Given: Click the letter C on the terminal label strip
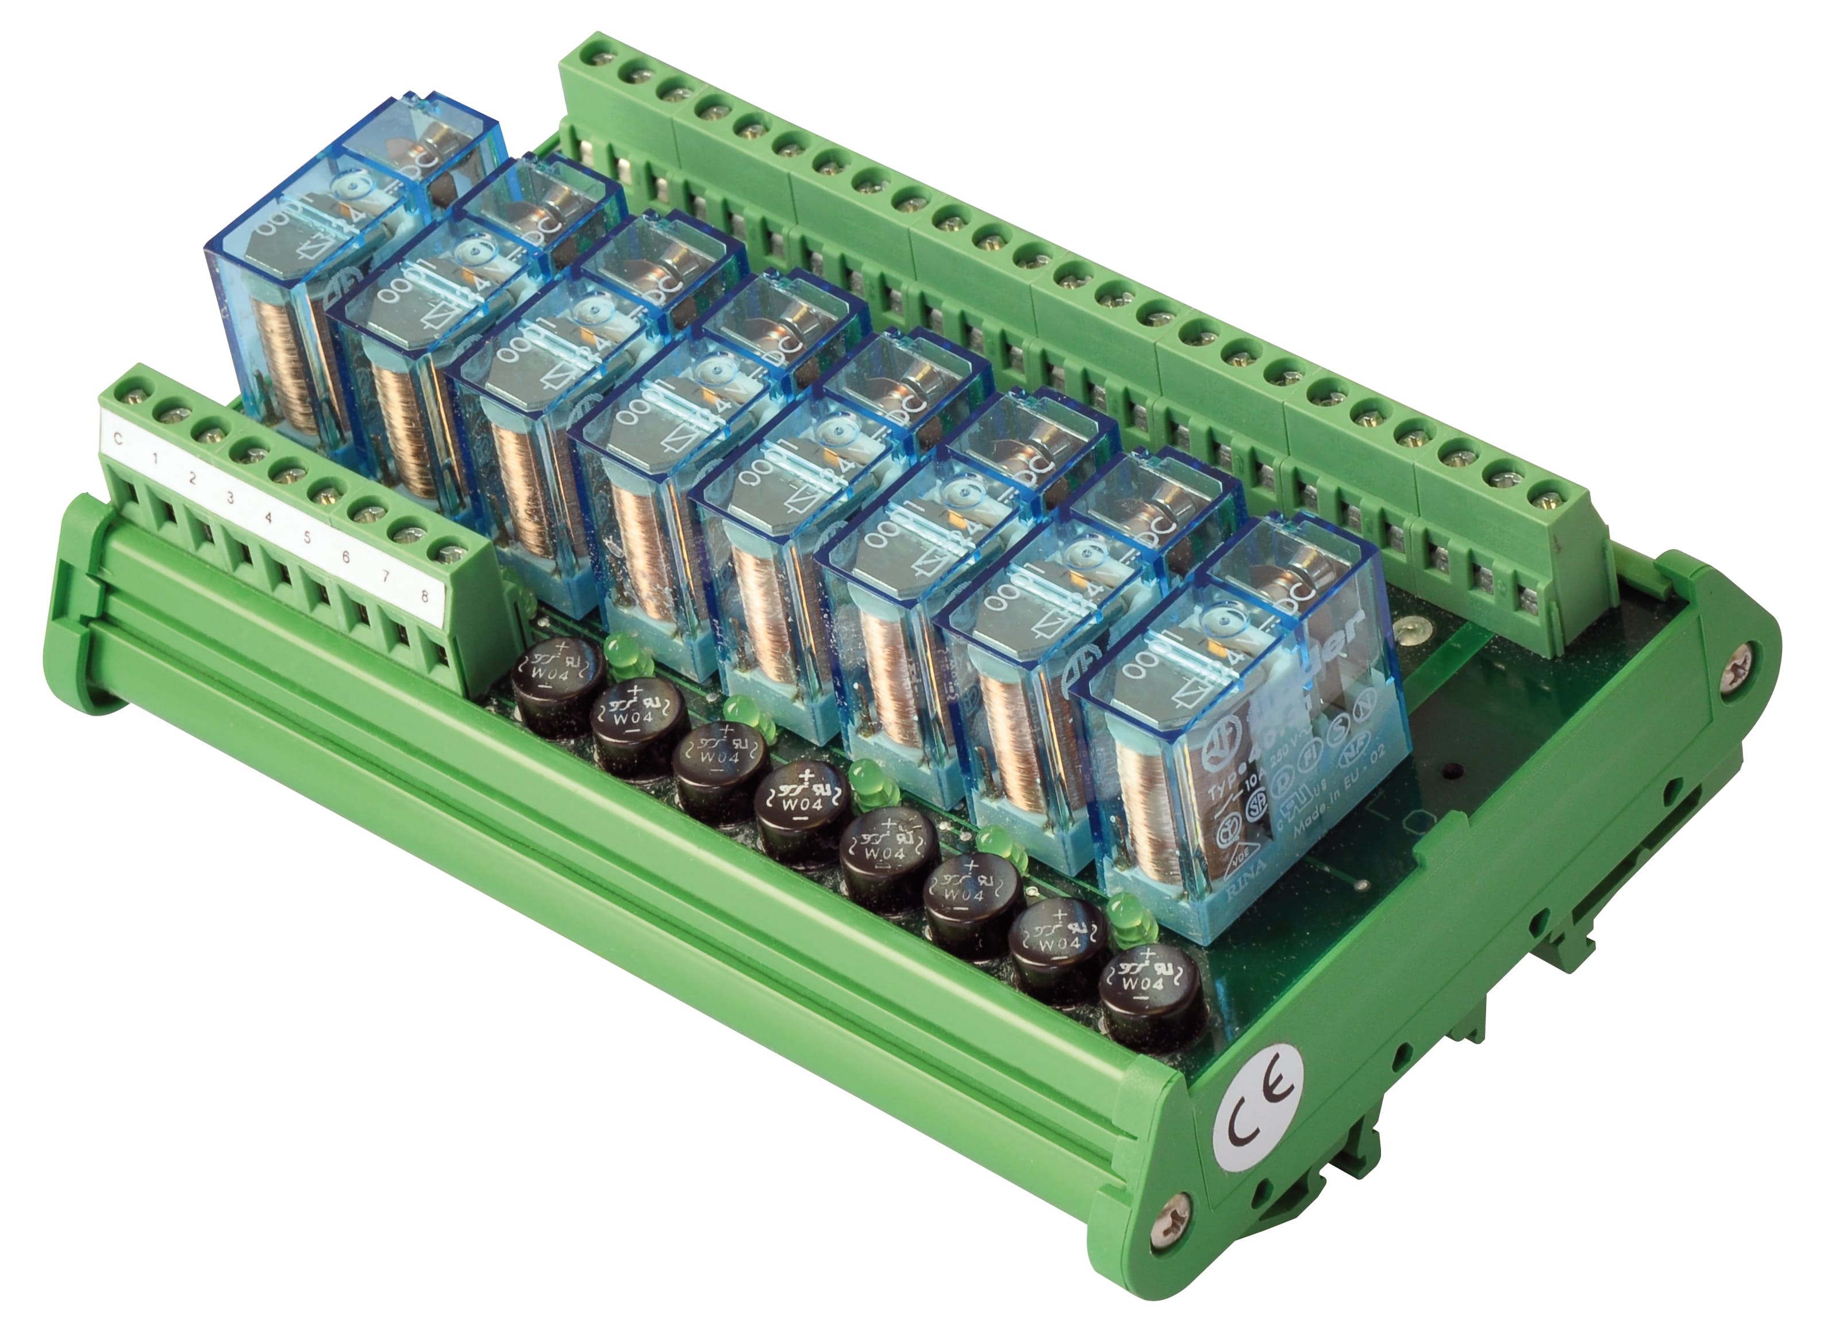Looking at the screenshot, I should (x=118, y=439).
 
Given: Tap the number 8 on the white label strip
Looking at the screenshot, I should (x=425, y=597).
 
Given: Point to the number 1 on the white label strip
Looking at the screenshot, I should (x=154, y=458).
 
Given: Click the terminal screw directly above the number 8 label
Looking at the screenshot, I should (x=449, y=554).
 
